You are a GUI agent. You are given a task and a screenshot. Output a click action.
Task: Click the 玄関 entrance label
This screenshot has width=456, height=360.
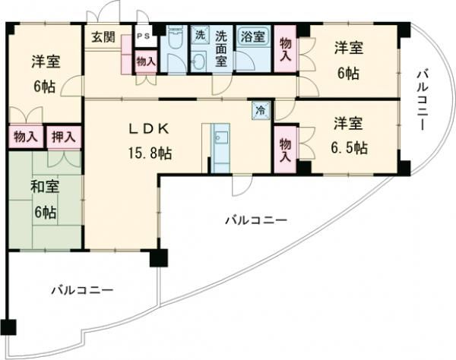click(103, 37)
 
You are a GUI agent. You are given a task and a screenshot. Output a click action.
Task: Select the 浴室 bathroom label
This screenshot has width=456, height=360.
click(253, 36)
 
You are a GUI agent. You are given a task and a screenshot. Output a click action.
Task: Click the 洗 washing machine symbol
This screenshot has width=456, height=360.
click(200, 35)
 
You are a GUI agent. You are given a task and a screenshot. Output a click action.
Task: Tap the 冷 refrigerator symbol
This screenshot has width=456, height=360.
click(261, 110)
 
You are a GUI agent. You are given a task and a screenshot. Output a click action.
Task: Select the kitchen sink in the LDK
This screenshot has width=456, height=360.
click(220, 137)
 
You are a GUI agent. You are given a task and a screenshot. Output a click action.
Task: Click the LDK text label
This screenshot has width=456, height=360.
click(149, 128)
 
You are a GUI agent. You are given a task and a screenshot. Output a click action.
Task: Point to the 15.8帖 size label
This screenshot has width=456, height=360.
click(150, 153)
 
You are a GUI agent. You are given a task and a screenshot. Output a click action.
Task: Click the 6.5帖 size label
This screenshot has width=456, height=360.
click(349, 148)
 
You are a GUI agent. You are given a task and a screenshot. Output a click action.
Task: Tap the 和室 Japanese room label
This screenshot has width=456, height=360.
click(45, 186)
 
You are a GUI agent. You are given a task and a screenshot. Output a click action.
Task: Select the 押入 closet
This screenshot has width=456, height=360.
click(64, 137)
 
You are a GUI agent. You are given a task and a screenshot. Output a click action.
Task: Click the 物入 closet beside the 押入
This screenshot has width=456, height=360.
click(26, 137)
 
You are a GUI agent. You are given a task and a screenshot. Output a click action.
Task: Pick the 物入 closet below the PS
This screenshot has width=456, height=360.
click(146, 62)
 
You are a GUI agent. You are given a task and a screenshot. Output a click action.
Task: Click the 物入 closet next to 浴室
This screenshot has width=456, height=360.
click(286, 49)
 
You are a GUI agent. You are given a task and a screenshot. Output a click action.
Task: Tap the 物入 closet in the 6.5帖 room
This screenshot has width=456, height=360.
click(286, 150)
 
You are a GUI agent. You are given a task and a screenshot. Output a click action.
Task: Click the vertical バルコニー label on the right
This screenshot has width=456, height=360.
click(421, 99)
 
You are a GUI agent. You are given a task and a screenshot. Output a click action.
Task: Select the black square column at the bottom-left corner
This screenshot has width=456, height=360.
click(8, 327)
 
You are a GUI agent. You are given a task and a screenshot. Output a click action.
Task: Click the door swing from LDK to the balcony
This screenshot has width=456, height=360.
click(242, 186)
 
